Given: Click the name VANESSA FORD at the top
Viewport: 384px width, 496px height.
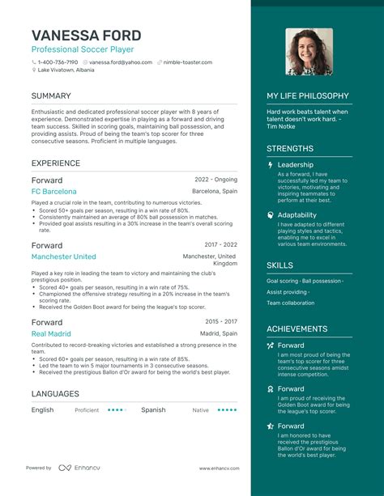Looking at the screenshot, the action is tap(87, 36).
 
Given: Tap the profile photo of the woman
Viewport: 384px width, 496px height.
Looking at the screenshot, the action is tap(309, 52).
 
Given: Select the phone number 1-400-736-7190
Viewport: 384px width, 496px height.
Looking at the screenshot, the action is tap(58, 62).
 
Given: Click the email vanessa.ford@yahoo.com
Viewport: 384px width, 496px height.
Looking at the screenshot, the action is tap(121, 62).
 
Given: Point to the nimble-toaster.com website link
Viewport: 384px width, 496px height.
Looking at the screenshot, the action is tap(186, 62).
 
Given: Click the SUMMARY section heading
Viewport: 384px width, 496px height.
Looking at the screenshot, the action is tap(51, 96).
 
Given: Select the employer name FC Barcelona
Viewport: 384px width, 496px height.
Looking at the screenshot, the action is tap(54, 192).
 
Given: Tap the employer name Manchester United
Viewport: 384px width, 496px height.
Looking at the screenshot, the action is tap(63, 256).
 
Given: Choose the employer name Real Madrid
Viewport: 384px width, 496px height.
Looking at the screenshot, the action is tap(50, 333).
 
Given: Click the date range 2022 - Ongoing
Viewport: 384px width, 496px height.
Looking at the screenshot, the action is tap(215, 179).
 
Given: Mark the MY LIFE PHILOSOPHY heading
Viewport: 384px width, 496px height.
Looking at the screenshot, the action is tap(308, 96).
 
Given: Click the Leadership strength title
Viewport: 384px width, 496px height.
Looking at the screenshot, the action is tap(296, 164).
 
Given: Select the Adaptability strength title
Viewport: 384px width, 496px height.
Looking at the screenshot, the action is tap(297, 215).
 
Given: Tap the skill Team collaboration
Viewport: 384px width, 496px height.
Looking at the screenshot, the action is tap(291, 303).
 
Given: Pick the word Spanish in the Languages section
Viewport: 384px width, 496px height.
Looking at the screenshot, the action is tap(153, 410).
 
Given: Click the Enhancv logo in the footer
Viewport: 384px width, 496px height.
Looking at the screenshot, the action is tap(73, 468).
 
